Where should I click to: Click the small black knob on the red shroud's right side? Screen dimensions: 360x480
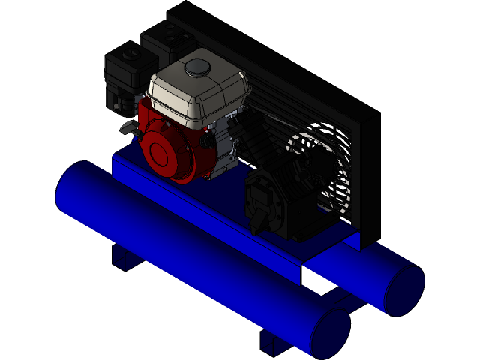click(205, 139)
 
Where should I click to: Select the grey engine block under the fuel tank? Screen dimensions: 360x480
click(225, 150)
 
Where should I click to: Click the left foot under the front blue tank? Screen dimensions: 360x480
click(124, 255)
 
